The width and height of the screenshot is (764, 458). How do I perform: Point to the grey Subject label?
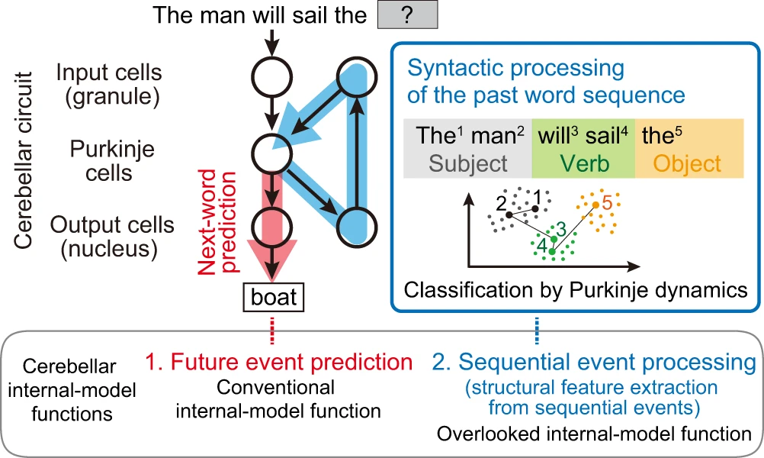click(462, 163)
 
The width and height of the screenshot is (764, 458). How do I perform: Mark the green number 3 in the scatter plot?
click(560, 227)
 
